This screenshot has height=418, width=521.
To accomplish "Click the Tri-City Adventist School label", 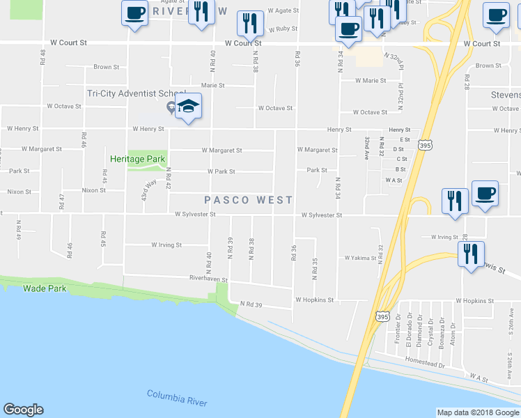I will click(x=137, y=93).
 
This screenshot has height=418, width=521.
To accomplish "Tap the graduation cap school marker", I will click(x=187, y=108).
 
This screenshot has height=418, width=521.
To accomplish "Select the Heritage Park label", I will click(x=137, y=158).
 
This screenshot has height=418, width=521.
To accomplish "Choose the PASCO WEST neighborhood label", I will click(x=249, y=200).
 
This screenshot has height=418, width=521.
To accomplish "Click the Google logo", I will click(x=23, y=410).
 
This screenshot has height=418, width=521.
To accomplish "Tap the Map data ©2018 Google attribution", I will click(x=478, y=412).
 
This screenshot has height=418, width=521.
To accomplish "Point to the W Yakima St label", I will click(x=360, y=258).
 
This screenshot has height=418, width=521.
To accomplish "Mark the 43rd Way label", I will click(x=148, y=190).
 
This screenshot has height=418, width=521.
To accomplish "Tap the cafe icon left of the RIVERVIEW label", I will click(x=135, y=12).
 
